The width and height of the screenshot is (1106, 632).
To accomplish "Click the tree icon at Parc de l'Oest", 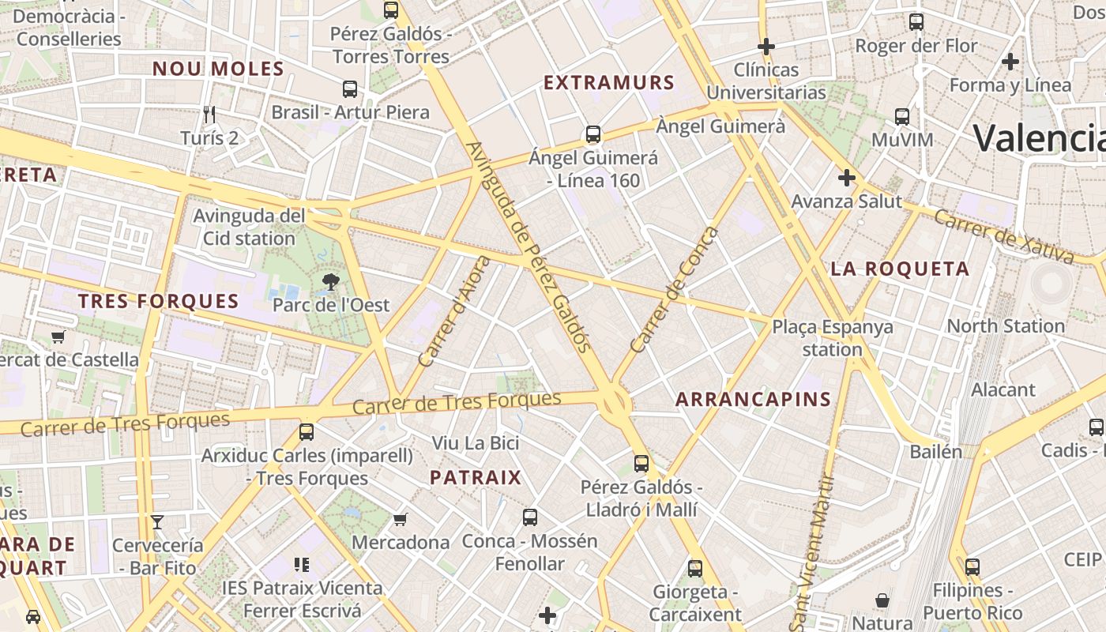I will coord(330,281).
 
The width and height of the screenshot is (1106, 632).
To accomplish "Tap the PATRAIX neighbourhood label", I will coord(476,477).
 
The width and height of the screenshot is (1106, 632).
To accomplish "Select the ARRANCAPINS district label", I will coord(753,400).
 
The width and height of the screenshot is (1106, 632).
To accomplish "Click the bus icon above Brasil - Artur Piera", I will coord(350,89).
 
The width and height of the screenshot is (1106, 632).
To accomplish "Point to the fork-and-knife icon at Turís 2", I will coord(209,115).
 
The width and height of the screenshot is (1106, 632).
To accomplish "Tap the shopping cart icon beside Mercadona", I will coord(401,519).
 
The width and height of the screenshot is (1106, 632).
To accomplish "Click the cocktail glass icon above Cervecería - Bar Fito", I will coord(157,522).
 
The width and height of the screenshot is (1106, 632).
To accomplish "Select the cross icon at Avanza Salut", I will coord(846,178).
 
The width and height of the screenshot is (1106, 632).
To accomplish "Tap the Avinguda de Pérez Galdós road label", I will coord(529,246).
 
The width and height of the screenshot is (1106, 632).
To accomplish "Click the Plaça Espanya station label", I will coord(833,337).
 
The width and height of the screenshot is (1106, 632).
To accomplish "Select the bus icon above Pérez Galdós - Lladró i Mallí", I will coord(641,464).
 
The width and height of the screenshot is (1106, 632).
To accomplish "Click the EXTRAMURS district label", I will coord(609,83).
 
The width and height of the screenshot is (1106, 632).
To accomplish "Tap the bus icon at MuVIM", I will coord(902,117).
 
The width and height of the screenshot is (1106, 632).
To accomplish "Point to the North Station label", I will coord(1005,325).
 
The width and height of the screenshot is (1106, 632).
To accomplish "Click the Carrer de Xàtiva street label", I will coord(1003,235).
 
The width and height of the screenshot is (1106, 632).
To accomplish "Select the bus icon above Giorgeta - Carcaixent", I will coord(695,568).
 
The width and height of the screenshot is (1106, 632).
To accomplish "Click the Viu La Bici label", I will coord(475,442).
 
